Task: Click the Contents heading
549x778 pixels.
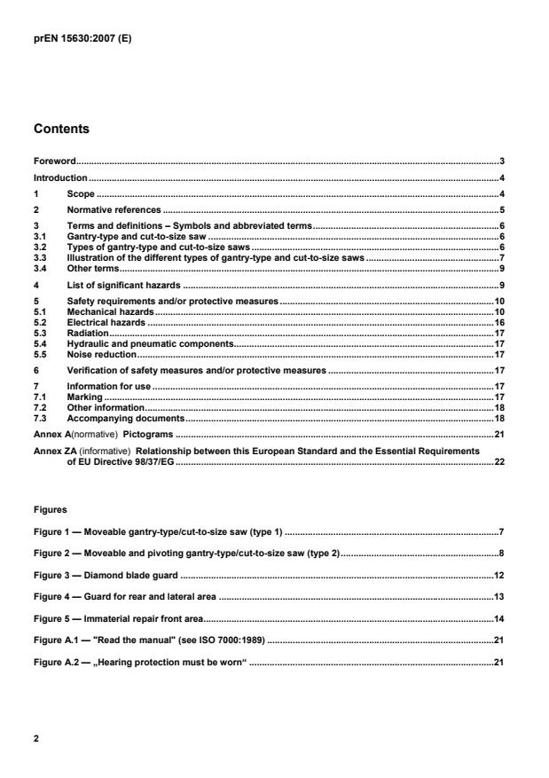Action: click(61, 129)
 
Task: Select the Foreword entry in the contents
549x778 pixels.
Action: click(54, 161)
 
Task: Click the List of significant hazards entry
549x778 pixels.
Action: click(124, 285)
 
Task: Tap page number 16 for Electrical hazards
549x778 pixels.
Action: click(499, 323)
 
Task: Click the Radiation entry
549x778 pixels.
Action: click(87, 334)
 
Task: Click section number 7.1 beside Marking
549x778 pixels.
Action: click(40, 397)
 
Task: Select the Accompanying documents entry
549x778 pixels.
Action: click(125, 418)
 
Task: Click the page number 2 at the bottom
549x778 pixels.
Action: click(36, 737)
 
